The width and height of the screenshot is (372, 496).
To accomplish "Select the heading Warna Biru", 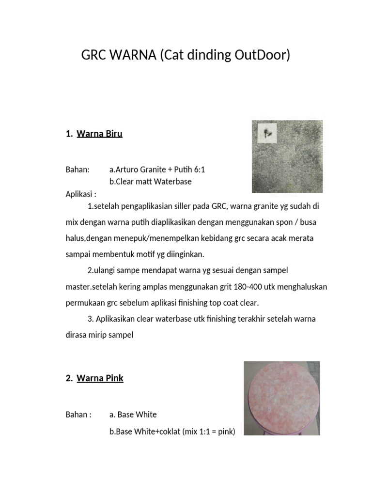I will coord(99,134).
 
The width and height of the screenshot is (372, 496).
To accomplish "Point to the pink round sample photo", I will coord(281,397).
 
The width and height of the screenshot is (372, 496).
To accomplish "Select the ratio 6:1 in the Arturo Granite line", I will coord(205,170).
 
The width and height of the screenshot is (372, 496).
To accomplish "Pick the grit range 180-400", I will coord(247,287).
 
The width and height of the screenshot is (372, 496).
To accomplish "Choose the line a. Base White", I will coord(133,415).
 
